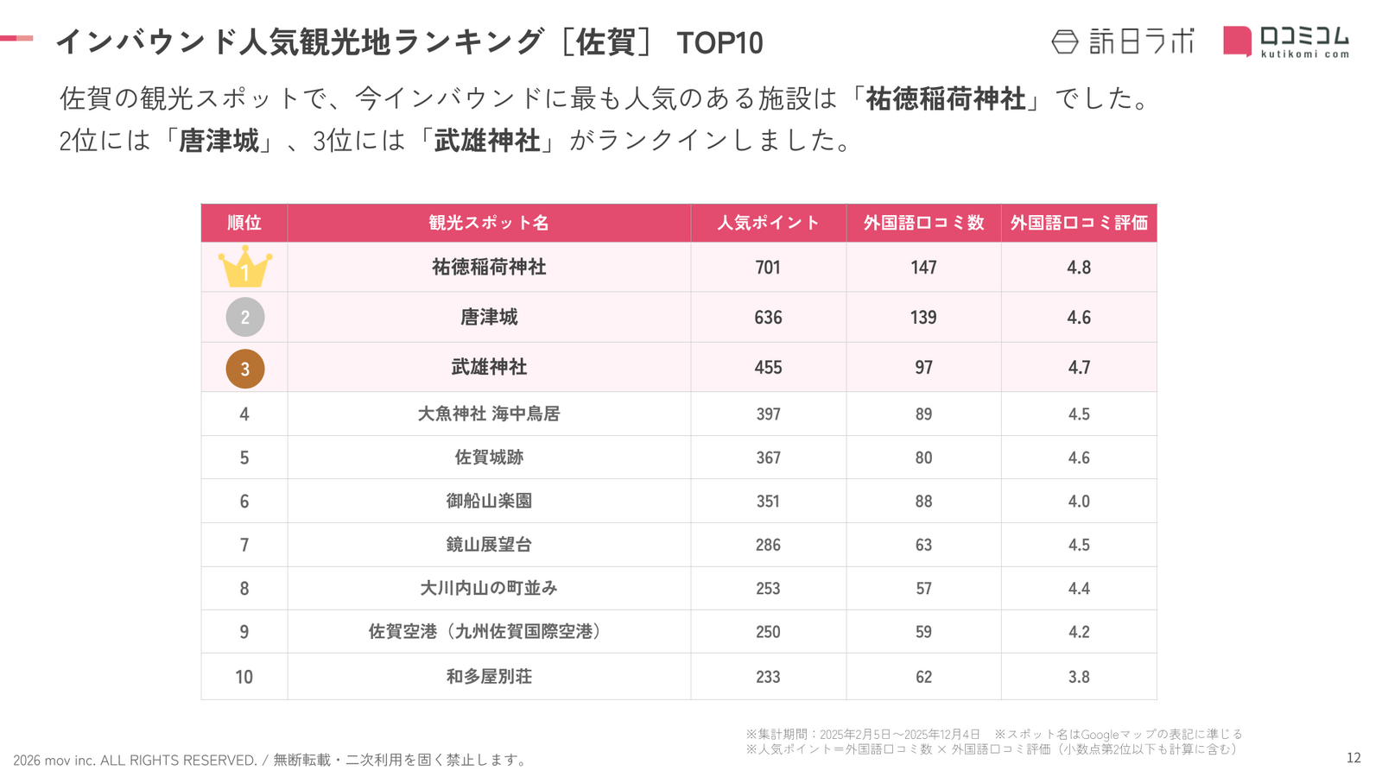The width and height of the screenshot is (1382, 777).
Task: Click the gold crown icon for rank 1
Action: (244, 268)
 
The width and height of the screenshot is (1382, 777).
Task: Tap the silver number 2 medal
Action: (244, 317)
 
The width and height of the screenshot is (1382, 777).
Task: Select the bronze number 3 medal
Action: (244, 368)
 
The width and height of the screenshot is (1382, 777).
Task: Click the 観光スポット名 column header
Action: (489, 223)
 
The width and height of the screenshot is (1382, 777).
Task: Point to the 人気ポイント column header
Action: (768, 223)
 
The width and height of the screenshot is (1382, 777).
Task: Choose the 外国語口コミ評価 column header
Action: (1079, 223)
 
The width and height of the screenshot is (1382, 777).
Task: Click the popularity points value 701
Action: (768, 268)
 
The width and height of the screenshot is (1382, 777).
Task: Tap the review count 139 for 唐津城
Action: (923, 318)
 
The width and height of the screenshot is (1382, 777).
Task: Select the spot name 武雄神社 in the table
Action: (489, 367)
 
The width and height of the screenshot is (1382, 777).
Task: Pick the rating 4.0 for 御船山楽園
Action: (1079, 502)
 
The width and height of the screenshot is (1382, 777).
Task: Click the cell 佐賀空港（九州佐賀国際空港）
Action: (489, 632)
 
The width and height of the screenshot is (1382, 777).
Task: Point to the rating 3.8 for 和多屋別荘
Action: (1079, 677)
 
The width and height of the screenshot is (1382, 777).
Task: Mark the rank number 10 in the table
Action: (244, 677)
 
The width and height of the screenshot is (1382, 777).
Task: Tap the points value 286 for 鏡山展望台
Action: (768, 545)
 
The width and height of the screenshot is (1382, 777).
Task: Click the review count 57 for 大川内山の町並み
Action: (923, 589)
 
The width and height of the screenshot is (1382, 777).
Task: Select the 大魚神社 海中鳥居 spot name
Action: (489, 414)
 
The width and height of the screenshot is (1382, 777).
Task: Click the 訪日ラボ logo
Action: (1123, 41)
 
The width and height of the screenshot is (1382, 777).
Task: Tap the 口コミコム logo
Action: (1286, 41)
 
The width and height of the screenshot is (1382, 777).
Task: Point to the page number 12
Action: (1353, 758)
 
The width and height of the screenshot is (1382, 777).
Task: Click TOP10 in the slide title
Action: (720, 43)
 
